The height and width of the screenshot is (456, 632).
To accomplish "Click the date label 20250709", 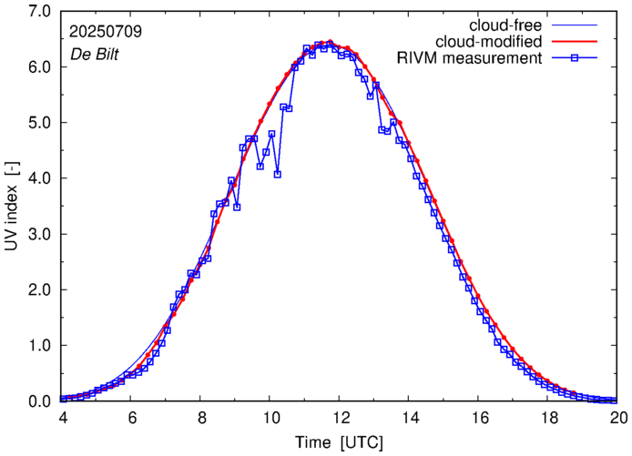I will [x=105, y=31].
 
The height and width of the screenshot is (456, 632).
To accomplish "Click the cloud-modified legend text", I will [x=490, y=41].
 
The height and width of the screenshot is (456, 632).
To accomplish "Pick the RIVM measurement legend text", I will [x=470, y=58].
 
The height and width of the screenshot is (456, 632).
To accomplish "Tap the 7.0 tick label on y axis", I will [x=37, y=11].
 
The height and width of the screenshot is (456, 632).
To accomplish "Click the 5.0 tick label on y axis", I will [x=37, y=122].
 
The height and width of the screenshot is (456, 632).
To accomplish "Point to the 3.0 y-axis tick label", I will [x=37, y=234].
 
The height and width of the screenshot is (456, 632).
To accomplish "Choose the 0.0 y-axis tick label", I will [x=37, y=401].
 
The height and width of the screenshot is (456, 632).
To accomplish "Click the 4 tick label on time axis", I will [x=61, y=418].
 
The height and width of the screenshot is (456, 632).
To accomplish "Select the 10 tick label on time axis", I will [x=270, y=418].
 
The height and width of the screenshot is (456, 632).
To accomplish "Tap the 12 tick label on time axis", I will [x=340, y=418].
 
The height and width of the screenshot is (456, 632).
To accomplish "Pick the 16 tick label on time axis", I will [x=479, y=418].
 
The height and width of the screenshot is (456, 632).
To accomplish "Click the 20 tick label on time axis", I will [x=618, y=418].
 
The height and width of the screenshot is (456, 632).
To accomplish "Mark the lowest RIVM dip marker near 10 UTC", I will [x=277, y=174].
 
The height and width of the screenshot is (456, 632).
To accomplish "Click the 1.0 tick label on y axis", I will [x=37, y=346].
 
